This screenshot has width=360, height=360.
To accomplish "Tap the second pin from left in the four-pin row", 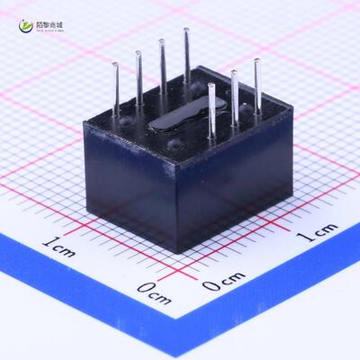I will [139, 76].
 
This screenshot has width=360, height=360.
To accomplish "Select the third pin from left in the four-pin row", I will [163, 65].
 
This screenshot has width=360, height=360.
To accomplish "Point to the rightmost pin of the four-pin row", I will [186, 54].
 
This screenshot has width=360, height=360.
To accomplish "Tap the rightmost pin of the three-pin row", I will [256, 84].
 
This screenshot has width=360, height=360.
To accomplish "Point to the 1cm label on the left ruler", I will [58, 244].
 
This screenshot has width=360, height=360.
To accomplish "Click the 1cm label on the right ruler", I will [317, 234].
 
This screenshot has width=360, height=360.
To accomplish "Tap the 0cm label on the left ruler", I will [154, 292].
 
